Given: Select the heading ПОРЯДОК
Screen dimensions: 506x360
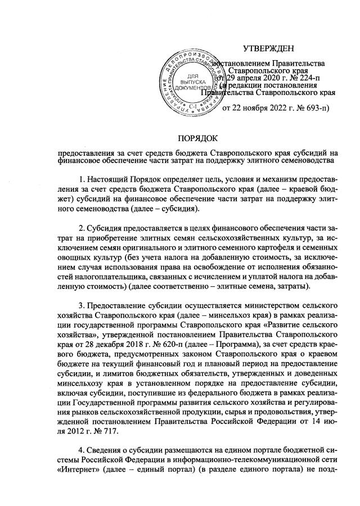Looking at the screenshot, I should coord(197,138).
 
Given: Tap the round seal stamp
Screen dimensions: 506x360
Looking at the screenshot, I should coord(194,81).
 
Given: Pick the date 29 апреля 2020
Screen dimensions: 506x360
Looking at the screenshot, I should coord(247,78).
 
